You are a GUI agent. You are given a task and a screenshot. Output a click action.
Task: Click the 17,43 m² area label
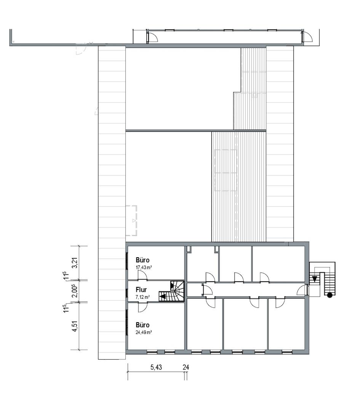pos(144,268)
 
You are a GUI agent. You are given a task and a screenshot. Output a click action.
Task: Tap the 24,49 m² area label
pos(144,332)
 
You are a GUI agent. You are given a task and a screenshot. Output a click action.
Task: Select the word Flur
pos(141,290)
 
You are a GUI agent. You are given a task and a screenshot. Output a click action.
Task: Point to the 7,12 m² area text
pos(142,297)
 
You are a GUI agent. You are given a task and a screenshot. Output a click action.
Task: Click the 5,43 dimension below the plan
pos(156,367)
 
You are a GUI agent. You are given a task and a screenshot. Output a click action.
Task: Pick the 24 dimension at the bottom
pos(186,367)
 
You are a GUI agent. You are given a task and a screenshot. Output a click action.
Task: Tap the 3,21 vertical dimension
pos(75,263)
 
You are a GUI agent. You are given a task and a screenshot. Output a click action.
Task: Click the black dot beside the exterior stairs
pos(330,295)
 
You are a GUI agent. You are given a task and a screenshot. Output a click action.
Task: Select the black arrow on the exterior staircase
pos(314,279)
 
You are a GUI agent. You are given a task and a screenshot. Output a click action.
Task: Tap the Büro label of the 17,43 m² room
pos(142,260)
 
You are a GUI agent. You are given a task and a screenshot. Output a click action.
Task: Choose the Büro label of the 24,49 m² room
pos(142,325)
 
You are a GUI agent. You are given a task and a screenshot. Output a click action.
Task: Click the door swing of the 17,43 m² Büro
pos(143,276)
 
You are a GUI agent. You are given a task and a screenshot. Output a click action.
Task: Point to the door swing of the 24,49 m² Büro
pos(143,307)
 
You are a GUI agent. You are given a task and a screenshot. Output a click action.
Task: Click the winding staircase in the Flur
pos(172,291)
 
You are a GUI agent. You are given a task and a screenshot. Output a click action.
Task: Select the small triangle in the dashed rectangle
pos(134,220)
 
